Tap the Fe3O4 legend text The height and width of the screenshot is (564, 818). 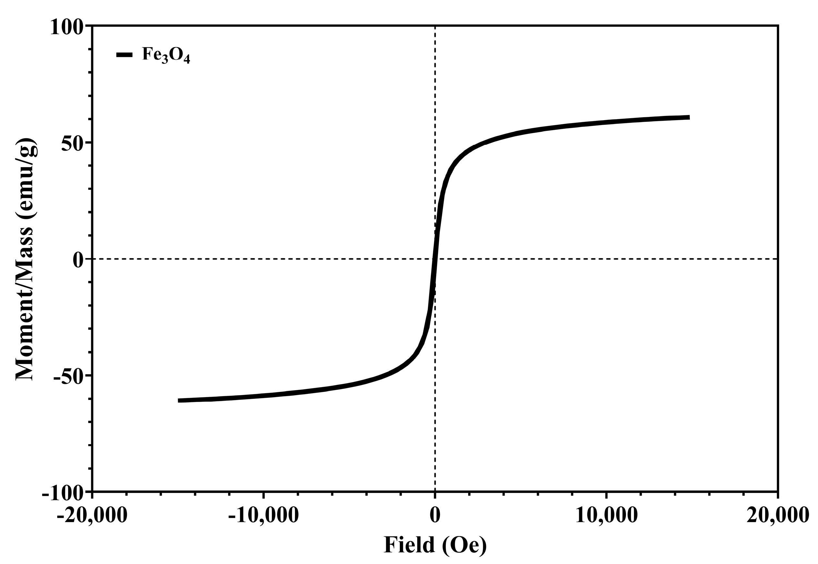point(166,55)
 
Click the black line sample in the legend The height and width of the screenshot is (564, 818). point(124,55)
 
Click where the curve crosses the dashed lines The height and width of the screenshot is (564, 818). point(434,259)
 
